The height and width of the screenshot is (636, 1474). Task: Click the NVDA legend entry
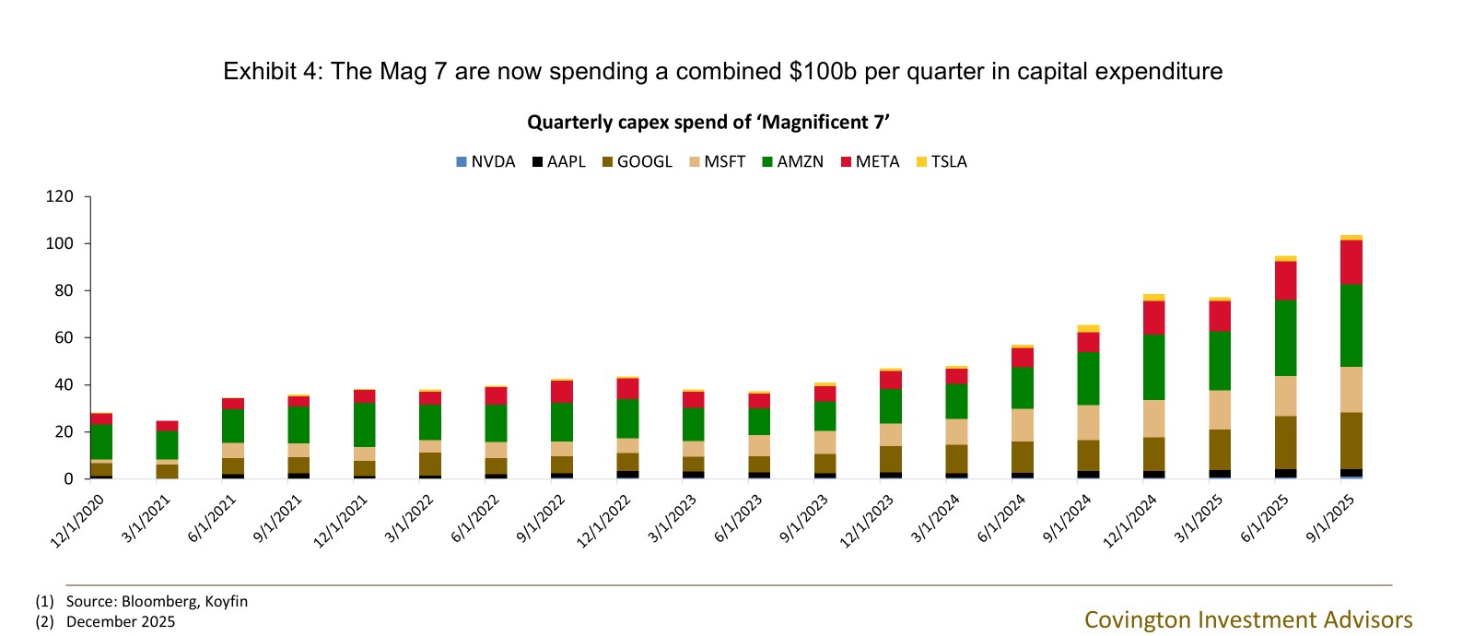click(x=485, y=162)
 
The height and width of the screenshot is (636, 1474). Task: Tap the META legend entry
click(x=870, y=162)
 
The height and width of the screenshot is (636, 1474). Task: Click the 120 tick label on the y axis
click(x=60, y=196)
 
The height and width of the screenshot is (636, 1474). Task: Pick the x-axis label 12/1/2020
click(x=78, y=521)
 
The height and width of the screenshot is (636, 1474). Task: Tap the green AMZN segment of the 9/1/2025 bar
click(x=1351, y=325)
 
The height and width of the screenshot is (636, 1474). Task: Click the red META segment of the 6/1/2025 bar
click(x=1286, y=280)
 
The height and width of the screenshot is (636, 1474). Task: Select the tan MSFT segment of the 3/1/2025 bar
click(x=1221, y=410)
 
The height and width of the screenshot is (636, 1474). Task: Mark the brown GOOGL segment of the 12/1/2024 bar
click(x=1154, y=454)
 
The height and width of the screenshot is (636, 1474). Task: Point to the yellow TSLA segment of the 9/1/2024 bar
click(x=1088, y=328)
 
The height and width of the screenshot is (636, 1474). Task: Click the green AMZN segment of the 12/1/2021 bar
click(x=365, y=425)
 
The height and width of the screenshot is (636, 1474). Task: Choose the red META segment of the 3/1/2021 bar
click(x=167, y=426)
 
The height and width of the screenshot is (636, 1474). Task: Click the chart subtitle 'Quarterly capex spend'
click(x=708, y=123)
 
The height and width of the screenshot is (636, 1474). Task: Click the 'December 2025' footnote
click(x=121, y=621)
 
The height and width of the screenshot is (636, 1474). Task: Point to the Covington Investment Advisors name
click(x=1248, y=619)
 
